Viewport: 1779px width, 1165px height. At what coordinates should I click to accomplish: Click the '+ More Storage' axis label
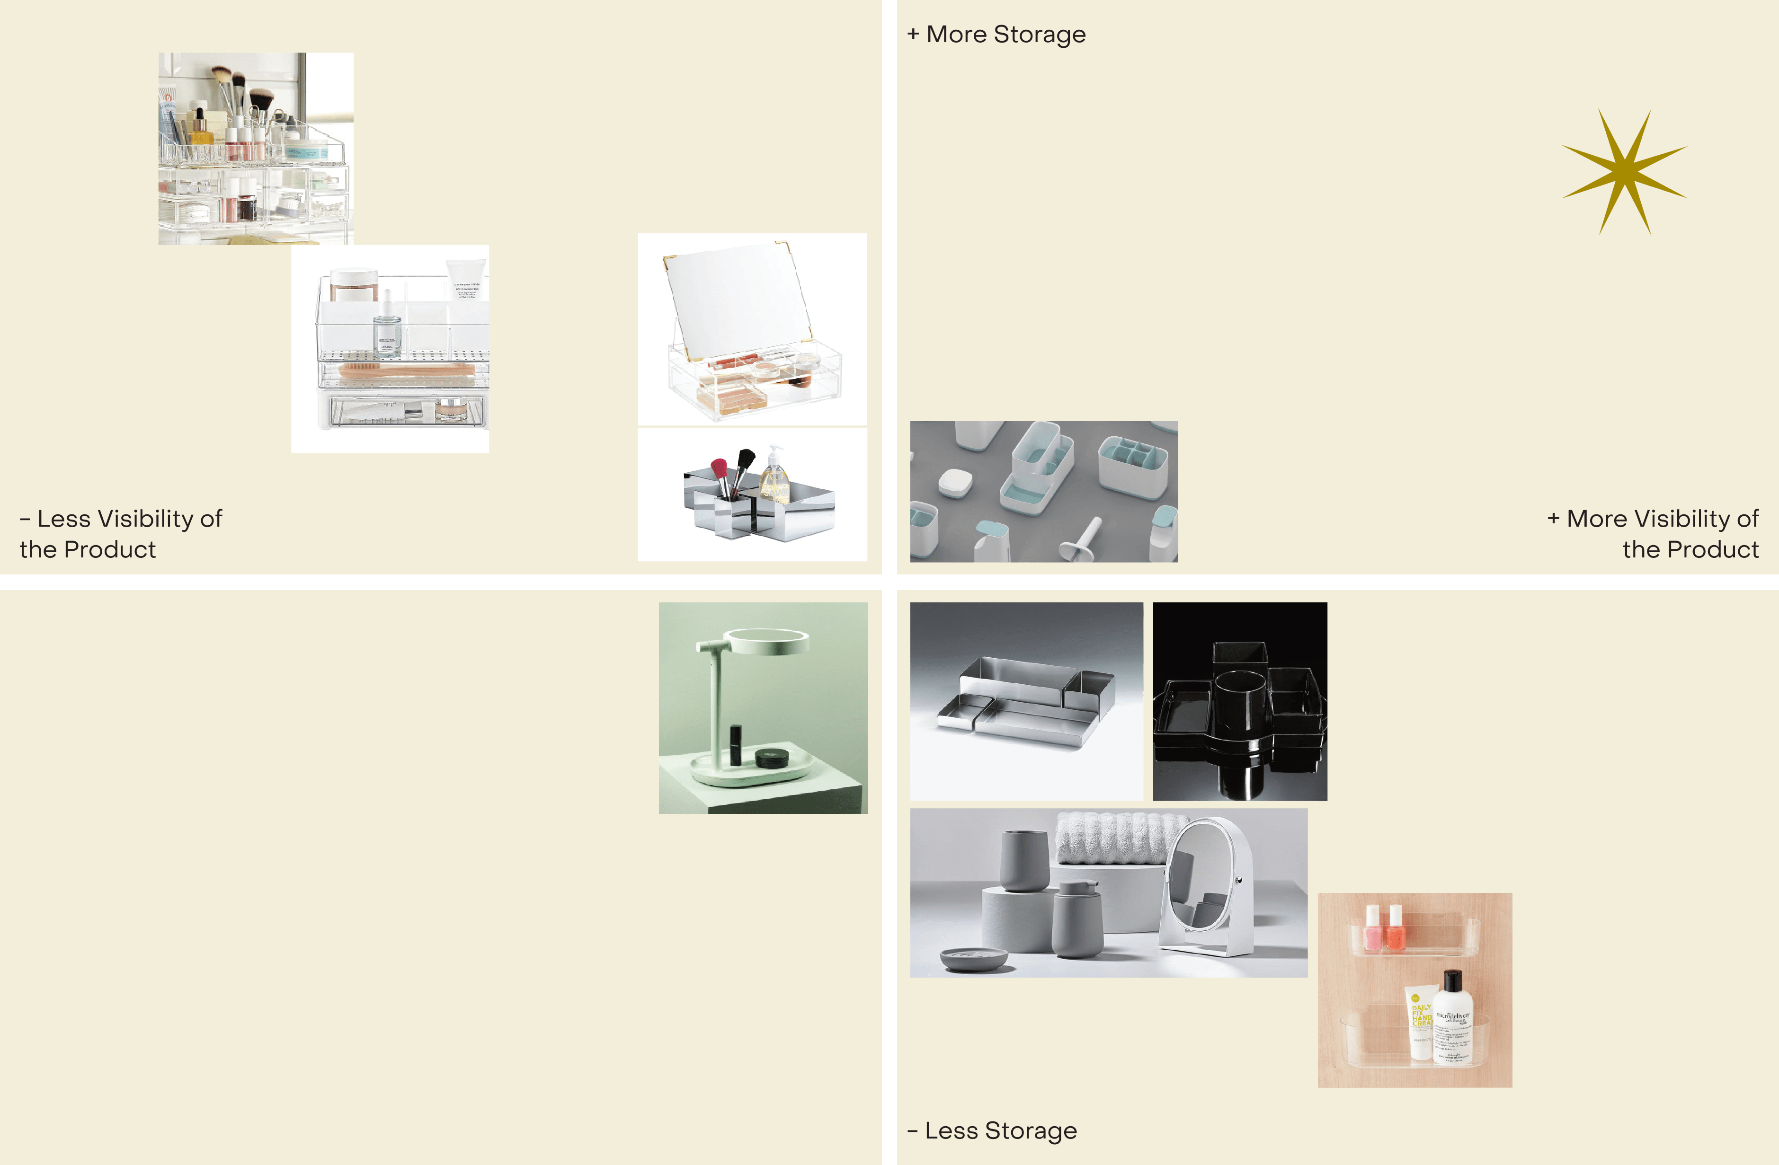pos(996,35)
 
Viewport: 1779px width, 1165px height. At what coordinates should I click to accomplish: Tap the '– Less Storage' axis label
pos(992,1130)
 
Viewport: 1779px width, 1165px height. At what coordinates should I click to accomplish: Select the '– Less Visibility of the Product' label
pos(120,534)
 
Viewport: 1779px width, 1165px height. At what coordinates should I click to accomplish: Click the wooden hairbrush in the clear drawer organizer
pos(408,369)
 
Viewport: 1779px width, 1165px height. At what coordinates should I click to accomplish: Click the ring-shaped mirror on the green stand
pos(768,640)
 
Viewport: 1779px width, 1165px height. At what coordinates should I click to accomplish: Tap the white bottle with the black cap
pos(1452,1017)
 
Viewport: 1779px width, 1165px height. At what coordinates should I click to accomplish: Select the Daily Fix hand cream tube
pos(1419,1024)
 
